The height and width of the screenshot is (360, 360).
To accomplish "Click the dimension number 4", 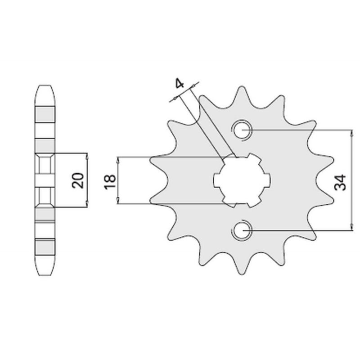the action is (x=179, y=83).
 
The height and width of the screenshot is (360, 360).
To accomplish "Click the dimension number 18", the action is (x=110, y=182).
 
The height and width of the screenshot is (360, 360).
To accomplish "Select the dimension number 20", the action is (x=78, y=180).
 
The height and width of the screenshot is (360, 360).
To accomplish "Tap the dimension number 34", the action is (x=340, y=183).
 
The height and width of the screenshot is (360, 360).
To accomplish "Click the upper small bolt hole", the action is (x=242, y=130).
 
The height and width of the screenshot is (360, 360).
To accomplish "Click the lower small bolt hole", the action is (x=242, y=230).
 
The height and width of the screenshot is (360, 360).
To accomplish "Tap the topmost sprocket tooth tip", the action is (x=242, y=87).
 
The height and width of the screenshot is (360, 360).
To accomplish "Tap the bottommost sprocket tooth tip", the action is (x=242, y=274).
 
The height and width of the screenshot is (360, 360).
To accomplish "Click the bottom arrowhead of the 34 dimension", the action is (x=351, y=227).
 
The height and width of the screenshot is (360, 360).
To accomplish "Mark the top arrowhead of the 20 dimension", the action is (x=87, y=157).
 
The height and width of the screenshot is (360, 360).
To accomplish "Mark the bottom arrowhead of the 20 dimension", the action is (x=87, y=204).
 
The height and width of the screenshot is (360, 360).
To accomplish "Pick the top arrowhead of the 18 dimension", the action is (x=118, y=160).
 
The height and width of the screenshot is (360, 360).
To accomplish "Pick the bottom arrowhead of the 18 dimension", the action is (x=118, y=200).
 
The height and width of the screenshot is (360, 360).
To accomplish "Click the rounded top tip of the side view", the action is (x=45, y=85).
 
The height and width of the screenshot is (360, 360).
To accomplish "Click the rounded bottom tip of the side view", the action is (x=45, y=274).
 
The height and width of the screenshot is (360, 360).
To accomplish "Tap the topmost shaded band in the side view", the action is (x=45, y=114).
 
